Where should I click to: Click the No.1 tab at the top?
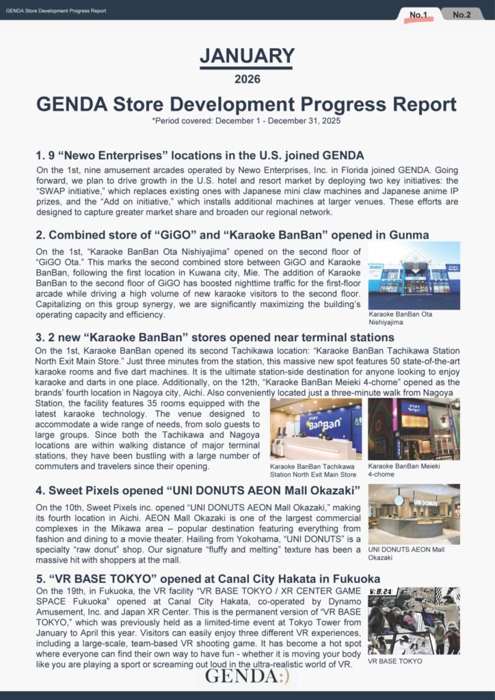click(418, 14)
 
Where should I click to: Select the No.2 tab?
click(461, 14)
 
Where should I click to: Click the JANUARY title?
click(247, 56)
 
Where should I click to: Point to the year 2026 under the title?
click(247, 79)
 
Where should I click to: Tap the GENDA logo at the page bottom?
click(247, 676)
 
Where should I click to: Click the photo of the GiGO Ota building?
click(414, 275)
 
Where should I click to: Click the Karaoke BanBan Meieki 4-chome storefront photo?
click(414, 429)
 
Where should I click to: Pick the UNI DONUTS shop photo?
click(414, 514)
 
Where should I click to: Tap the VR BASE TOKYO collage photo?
click(414, 621)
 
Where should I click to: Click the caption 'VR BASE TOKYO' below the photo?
click(395, 661)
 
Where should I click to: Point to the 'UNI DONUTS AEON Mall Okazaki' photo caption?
click(405, 554)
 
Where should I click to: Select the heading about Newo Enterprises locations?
click(200, 154)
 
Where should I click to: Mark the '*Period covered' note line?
click(247, 120)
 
